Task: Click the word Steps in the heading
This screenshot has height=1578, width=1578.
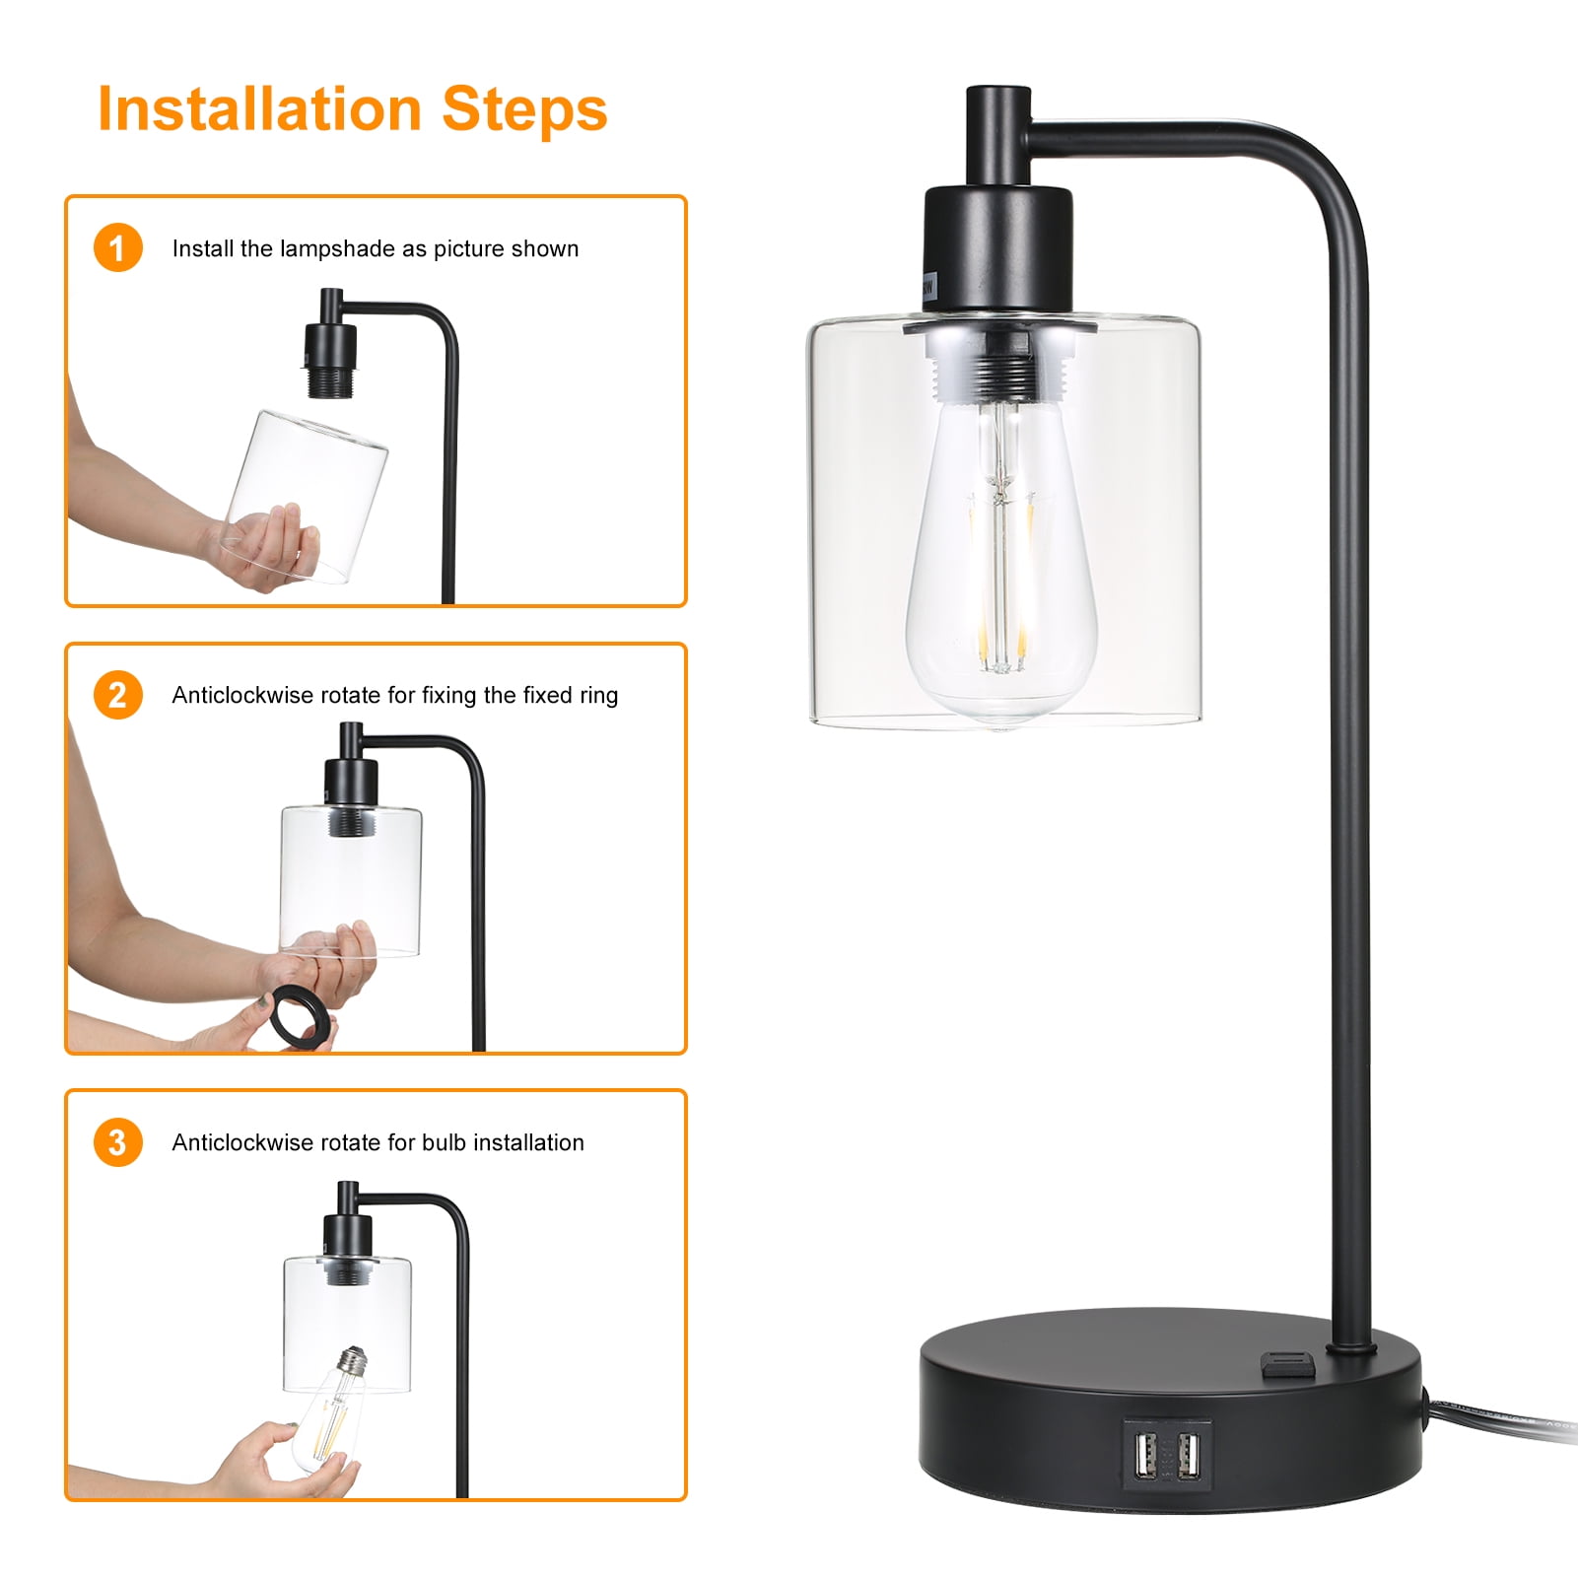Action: pos(524,110)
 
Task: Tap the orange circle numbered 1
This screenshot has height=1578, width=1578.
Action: pos(118,247)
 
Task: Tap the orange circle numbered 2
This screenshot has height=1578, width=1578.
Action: pos(118,695)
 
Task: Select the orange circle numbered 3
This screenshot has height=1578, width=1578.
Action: pos(118,1142)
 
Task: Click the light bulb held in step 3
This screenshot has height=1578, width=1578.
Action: pos(329,1408)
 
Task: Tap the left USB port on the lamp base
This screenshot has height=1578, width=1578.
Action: pos(1145,1454)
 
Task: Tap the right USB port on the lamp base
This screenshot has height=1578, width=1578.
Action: pos(1188,1454)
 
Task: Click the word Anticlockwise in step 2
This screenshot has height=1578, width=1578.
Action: pos(242,696)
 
